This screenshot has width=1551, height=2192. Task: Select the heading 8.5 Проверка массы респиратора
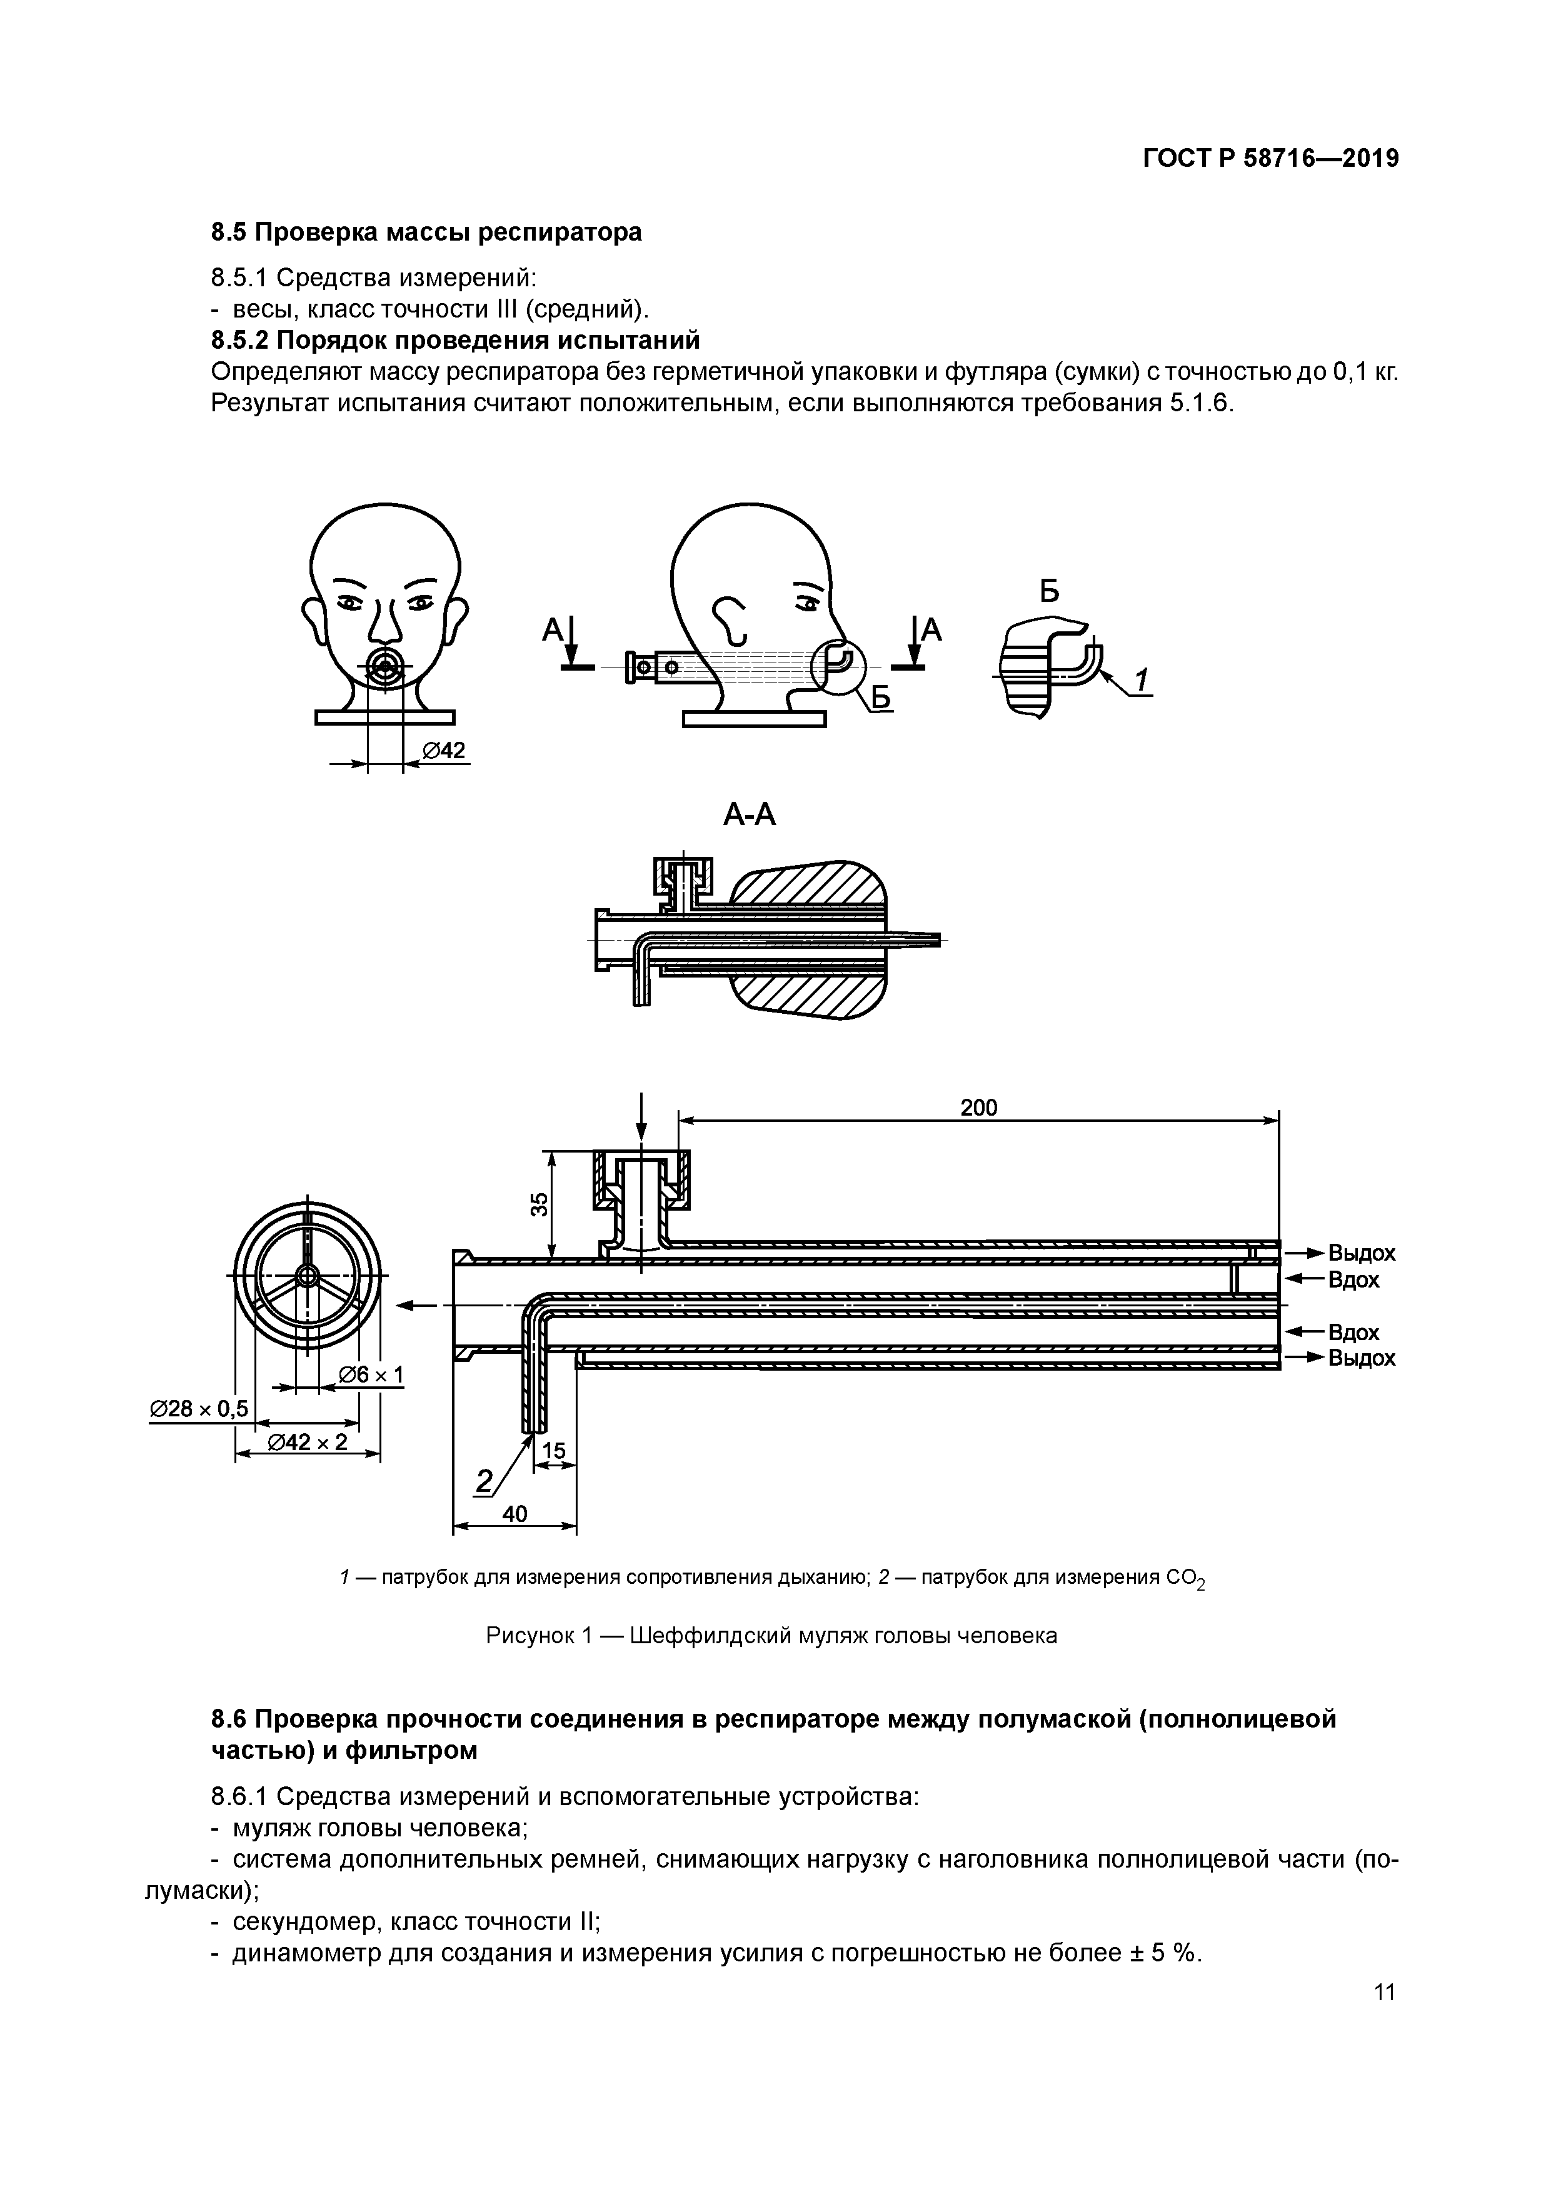(426, 232)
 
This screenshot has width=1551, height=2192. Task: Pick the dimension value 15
(554, 1452)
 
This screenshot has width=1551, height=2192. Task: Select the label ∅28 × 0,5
(199, 1408)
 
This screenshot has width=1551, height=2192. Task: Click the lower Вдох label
(1353, 1332)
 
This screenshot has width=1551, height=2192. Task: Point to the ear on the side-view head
(733, 619)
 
